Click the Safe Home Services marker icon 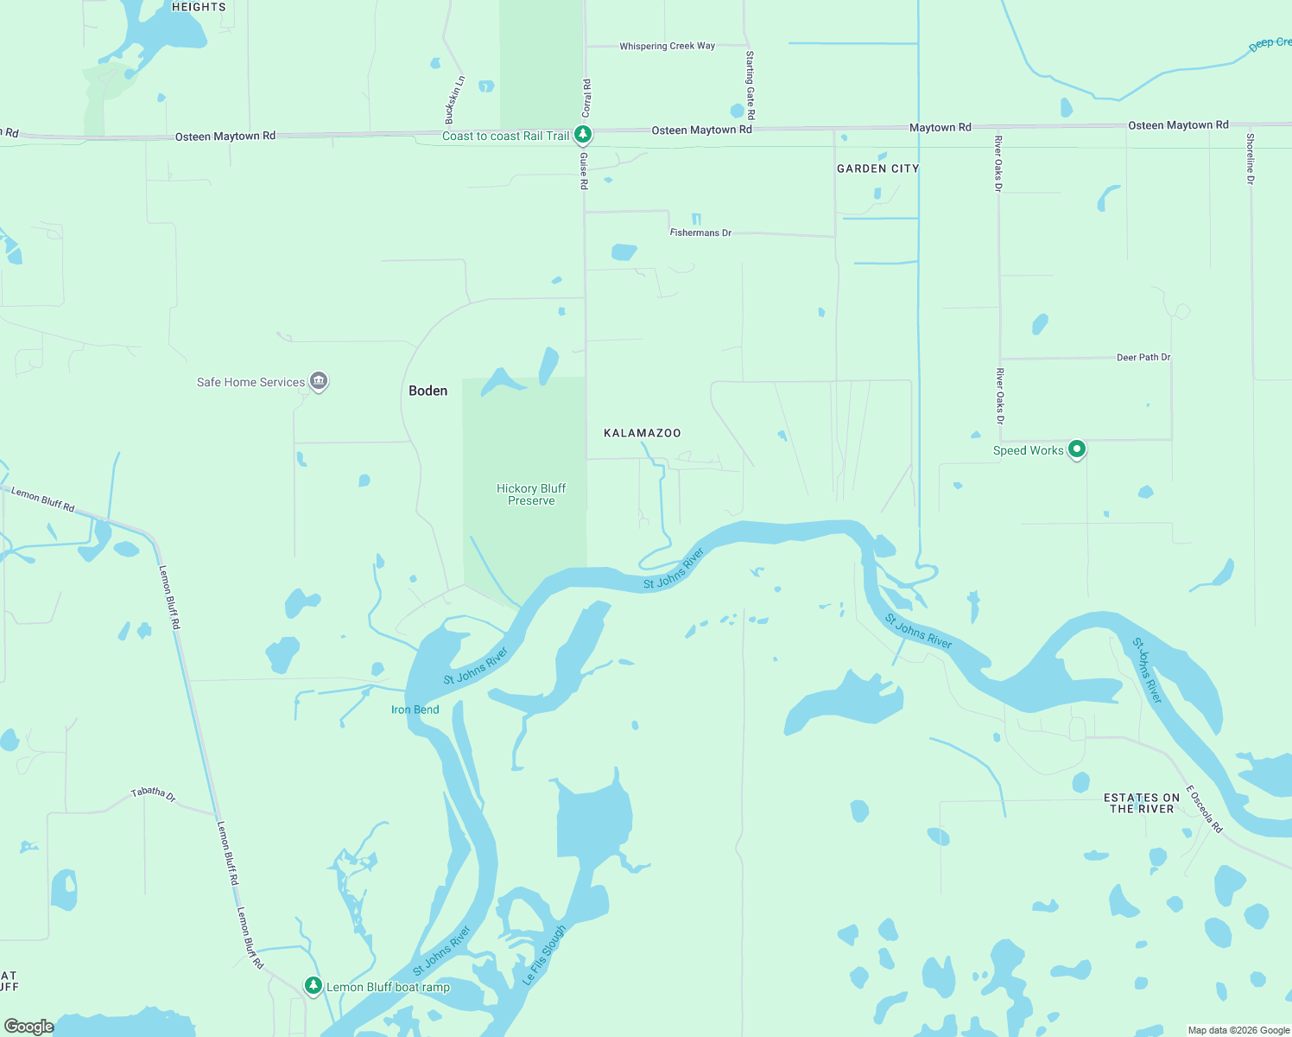pos(319,381)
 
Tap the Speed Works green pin pos(1076,449)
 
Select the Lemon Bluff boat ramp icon pos(313,986)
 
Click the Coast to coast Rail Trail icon pos(583,135)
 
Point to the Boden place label pos(428,391)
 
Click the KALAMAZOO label pos(642,433)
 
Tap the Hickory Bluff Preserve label pos(531,494)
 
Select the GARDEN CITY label pos(877,169)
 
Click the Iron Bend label pos(415,709)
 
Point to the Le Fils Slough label pos(545,955)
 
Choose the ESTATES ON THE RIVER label pos(1142,804)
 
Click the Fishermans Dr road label pos(700,232)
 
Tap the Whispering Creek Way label pos(667,46)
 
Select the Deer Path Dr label pos(1143,357)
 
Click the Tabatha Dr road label pos(154,793)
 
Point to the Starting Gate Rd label pos(750,85)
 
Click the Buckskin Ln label pos(454,99)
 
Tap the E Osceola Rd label pos(1204,809)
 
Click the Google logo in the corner pos(28,1026)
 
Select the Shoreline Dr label pos(1250,158)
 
